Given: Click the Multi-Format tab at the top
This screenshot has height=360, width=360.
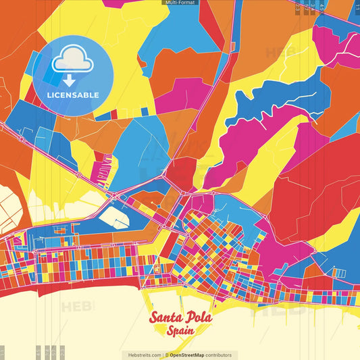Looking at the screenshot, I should coord(180,3).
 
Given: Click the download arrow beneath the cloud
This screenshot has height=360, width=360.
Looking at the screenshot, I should coord(70,80).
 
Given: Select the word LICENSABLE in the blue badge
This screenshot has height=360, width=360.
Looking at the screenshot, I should coord(72,95).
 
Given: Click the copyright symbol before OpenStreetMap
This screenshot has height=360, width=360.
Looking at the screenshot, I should coord(167,355).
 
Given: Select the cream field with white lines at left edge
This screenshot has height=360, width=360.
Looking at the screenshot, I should coord(12,206).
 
